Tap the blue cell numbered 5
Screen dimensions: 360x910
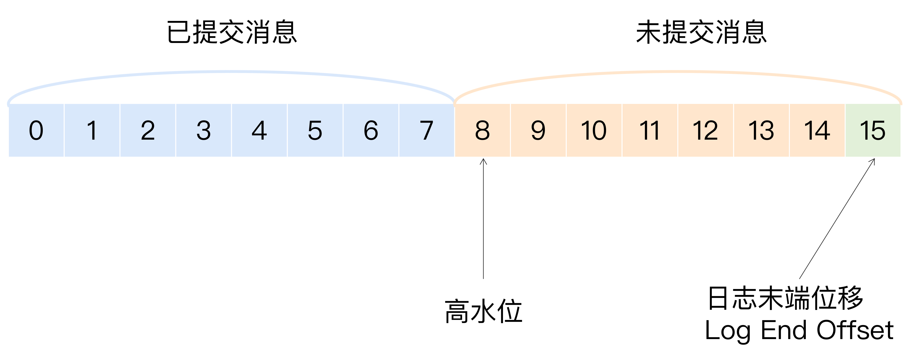coord(315,130)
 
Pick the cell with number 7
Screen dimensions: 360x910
coord(426,130)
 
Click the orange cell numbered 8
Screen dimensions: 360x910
coord(482,130)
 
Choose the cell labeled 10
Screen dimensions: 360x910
coord(594,130)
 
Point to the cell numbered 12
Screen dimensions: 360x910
coord(705,130)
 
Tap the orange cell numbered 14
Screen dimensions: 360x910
coord(817,130)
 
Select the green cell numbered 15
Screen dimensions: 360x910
coord(872,130)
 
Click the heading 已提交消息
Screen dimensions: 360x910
coord(232,33)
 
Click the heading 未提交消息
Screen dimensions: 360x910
coord(701,33)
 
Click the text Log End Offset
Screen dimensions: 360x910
coord(799,330)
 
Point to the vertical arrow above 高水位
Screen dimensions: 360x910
coord(483,219)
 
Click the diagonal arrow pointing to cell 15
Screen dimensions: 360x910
coord(837,219)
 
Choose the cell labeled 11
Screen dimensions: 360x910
coord(650,130)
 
